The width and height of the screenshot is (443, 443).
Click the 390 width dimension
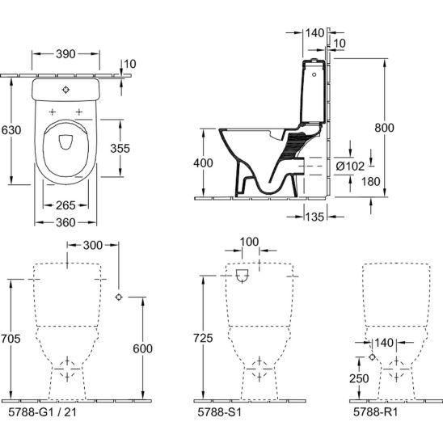[65, 54]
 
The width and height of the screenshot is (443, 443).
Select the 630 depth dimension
[11, 130]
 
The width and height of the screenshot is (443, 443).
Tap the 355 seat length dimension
[120, 148]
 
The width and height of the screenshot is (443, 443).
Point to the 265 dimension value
[65, 205]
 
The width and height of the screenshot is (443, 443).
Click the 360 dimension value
[65, 222]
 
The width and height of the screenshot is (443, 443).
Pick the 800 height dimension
[384, 128]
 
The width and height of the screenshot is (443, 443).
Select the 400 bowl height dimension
[203, 163]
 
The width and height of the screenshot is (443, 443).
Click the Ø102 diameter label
[350, 167]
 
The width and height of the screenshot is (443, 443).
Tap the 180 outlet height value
[371, 182]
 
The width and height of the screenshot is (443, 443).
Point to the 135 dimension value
[314, 217]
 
